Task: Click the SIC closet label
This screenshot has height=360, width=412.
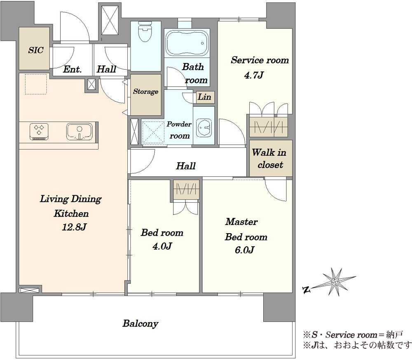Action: [36, 50]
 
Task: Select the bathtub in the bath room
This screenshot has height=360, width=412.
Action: [187, 43]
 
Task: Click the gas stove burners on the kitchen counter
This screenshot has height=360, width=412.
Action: [39, 131]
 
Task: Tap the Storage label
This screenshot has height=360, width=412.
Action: [145, 91]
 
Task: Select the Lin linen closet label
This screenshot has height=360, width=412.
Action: [204, 97]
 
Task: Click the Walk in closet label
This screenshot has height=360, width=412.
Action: [269, 159]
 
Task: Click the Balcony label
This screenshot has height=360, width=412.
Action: [140, 323]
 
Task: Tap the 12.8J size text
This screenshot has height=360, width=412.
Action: [74, 227]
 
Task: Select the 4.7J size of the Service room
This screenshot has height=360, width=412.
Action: [253, 75]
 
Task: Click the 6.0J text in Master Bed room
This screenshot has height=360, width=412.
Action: [244, 250]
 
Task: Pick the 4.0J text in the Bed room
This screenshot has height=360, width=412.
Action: [162, 246]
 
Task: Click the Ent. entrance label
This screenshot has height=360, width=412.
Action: [72, 69]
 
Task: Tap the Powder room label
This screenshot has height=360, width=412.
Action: [179, 130]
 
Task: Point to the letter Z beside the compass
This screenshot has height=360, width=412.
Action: [306, 290]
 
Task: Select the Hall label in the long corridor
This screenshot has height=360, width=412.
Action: [186, 166]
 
